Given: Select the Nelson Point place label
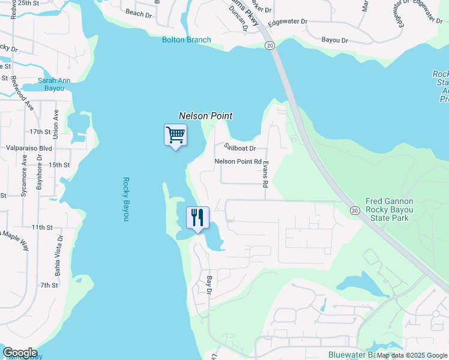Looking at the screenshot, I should click(x=205, y=116).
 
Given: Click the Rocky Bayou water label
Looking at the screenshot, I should click(x=127, y=199).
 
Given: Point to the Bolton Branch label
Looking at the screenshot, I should click(x=187, y=40).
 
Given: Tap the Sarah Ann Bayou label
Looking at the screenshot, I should click(x=50, y=84).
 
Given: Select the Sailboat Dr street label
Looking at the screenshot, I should click(x=240, y=147).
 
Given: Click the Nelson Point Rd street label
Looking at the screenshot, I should click(x=238, y=161).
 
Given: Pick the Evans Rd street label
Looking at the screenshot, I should click(x=265, y=174).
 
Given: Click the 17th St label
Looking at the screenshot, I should click(x=41, y=131).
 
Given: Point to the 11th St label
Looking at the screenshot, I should click(x=43, y=227).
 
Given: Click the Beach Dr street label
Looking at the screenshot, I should click(x=139, y=13).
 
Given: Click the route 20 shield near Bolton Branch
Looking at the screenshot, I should click(x=270, y=46).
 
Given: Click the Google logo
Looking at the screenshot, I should click(x=20, y=353).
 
